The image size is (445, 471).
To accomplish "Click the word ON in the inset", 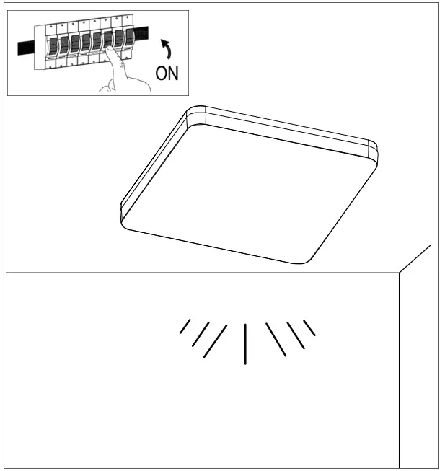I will pos(167,73).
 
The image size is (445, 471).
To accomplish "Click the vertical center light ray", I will pos(246,343).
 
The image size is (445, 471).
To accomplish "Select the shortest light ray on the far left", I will pos(185,327).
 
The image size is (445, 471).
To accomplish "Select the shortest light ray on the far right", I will pos(309,327).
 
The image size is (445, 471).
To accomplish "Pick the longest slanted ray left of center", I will pos(215,341).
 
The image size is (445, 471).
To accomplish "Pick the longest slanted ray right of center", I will pos(276,340).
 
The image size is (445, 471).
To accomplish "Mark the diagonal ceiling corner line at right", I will pos(415,259).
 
